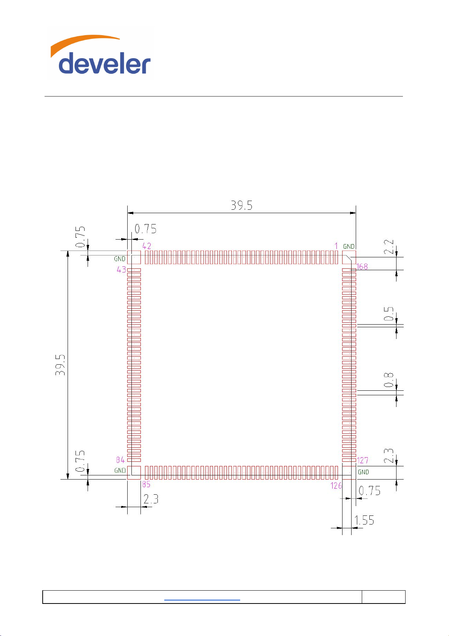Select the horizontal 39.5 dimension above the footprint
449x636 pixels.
241,205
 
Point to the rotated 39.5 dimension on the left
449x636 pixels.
60,365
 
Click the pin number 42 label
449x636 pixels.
147,246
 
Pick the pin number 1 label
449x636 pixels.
336,246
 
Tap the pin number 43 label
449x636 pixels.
121,269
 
